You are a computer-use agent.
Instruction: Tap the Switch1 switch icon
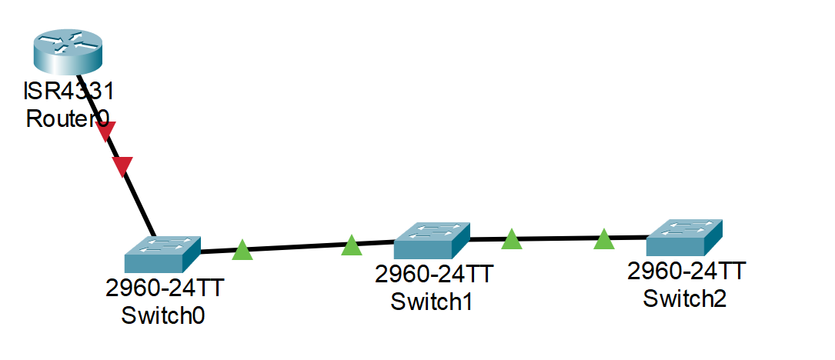(432, 241)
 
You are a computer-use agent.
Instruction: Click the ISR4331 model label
(68, 92)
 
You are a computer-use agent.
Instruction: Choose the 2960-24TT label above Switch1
(433, 275)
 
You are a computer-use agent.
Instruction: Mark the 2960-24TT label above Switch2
(686, 271)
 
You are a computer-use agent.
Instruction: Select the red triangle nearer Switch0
(122, 165)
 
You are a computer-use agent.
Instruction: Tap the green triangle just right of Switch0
(242, 250)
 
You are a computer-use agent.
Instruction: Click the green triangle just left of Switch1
(352, 245)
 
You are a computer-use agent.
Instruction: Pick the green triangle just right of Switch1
(512, 239)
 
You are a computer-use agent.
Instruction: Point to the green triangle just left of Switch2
(604, 239)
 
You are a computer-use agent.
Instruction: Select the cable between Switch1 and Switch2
(558, 238)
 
